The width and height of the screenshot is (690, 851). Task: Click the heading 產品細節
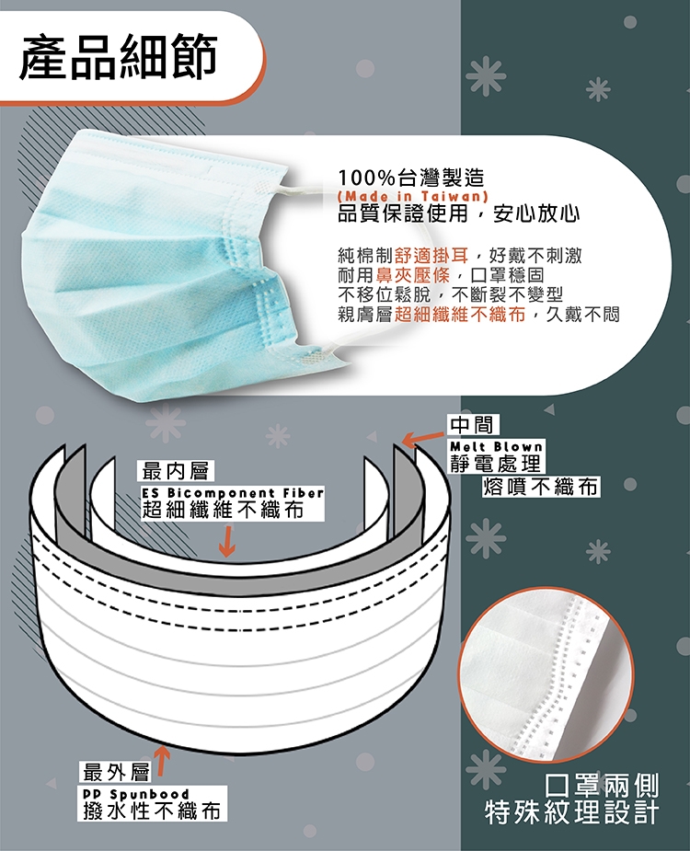tap(119, 55)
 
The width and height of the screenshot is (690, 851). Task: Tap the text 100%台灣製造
tap(411, 178)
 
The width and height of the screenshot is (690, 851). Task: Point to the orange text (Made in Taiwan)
tap(413, 196)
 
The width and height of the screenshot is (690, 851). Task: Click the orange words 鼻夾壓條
tap(414, 275)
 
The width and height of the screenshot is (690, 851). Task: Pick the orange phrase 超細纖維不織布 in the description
tap(460, 314)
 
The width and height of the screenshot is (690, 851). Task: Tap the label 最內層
tap(176, 471)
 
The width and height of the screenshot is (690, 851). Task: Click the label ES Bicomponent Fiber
tap(233, 493)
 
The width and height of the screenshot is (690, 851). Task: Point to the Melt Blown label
tap(496, 447)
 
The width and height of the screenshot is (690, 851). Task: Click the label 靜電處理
tap(496, 463)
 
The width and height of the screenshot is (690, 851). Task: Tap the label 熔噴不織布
tap(541, 486)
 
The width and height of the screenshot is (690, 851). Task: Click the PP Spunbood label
tap(136, 795)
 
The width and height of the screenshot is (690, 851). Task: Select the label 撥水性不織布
tap(152, 811)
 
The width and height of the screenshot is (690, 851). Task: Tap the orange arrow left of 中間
tap(424, 439)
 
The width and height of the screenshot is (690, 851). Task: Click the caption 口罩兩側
tap(602, 786)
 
